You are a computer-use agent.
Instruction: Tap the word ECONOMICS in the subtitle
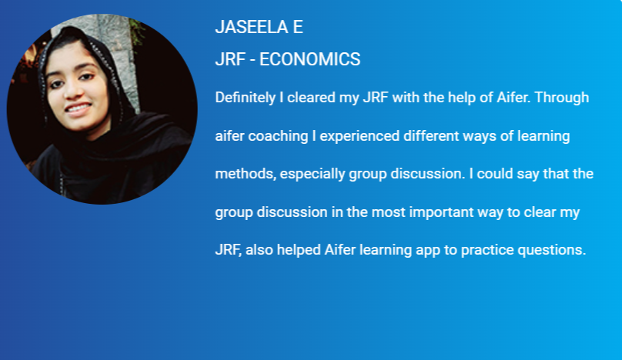click(x=309, y=59)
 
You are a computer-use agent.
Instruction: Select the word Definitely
click(x=245, y=98)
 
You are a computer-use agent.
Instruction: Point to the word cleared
click(x=311, y=98)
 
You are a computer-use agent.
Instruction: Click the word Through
click(x=562, y=98)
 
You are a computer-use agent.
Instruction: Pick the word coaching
click(x=278, y=136)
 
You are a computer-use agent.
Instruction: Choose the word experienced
click(x=359, y=136)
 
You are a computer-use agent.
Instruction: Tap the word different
click(x=431, y=136)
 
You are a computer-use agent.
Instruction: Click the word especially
click(x=313, y=174)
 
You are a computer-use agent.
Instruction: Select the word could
click(x=495, y=174)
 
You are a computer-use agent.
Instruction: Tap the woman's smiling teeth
click(x=78, y=108)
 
